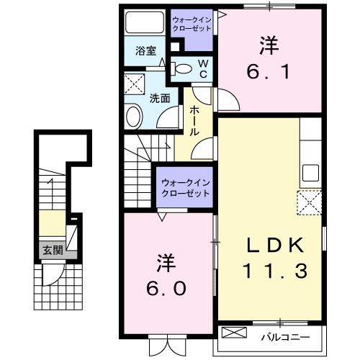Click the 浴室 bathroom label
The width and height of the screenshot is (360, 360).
[147, 51]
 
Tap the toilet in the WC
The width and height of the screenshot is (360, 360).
[185, 69]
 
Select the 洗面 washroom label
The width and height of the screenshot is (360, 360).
[160, 99]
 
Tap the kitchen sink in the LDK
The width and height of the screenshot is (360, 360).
[310, 173]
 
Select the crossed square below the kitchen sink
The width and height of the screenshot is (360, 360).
[310, 202]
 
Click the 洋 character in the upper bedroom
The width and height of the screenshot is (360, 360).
[267, 45]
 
